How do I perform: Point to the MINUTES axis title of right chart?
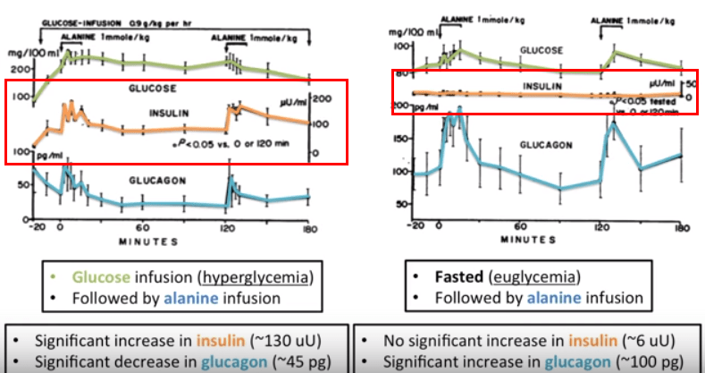(x=529, y=240)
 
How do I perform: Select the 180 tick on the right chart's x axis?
(x=682, y=226)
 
